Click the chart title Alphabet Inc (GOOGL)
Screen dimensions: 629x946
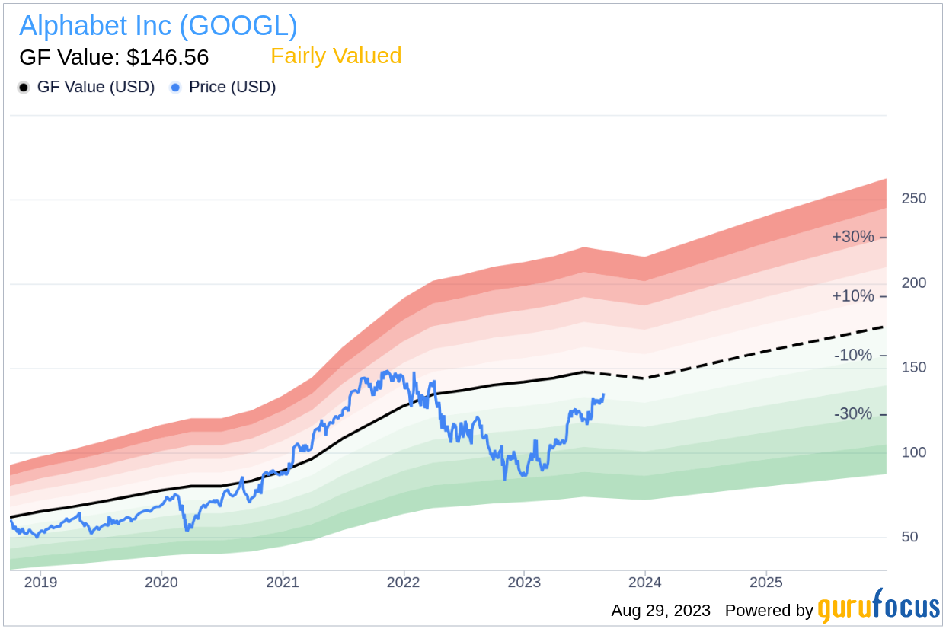[158, 26]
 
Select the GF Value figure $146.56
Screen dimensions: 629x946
[114, 57]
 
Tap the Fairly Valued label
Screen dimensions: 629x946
[336, 56]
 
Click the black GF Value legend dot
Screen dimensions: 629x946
[24, 88]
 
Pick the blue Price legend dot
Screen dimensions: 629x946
[176, 88]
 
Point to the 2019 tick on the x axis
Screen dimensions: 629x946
[40, 583]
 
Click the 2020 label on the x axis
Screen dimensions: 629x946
[161, 583]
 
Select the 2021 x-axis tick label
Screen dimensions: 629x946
[283, 583]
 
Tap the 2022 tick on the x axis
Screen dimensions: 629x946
[403, 583]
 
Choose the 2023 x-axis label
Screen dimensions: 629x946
[524, 583]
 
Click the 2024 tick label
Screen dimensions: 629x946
[645, 583]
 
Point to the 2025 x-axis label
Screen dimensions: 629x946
[765, 583]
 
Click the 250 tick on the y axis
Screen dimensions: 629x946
[913, 199]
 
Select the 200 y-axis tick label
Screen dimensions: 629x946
[913, 283]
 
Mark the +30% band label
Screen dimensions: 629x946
[853, 237]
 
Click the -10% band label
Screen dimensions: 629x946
[854, 355]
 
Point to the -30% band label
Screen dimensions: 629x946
[854, 414]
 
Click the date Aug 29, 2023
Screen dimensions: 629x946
[660, 611]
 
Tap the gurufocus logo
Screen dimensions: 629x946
[878, 608]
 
